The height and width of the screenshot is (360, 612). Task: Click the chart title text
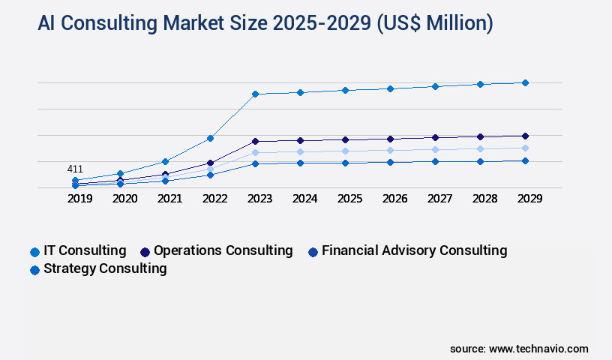point(265,23)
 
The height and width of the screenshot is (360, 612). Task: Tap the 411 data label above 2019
point(75,169)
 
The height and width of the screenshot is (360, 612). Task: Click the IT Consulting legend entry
point(78,250)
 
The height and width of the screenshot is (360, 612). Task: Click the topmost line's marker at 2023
point(255,94)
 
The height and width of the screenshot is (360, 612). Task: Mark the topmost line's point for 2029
point(525,82)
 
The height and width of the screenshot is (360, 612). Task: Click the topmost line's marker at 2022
point(210,138)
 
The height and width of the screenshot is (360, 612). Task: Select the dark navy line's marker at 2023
point(255,141)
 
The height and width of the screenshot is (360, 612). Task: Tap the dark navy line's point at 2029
point(525,136)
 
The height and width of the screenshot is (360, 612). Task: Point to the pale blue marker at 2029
point(525,148)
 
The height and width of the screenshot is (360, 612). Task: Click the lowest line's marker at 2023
point(255,163)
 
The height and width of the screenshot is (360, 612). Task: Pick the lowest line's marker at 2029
point(525,160)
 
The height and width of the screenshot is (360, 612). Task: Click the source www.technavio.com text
point(519,349)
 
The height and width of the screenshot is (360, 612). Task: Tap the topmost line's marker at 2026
point(390,88)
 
